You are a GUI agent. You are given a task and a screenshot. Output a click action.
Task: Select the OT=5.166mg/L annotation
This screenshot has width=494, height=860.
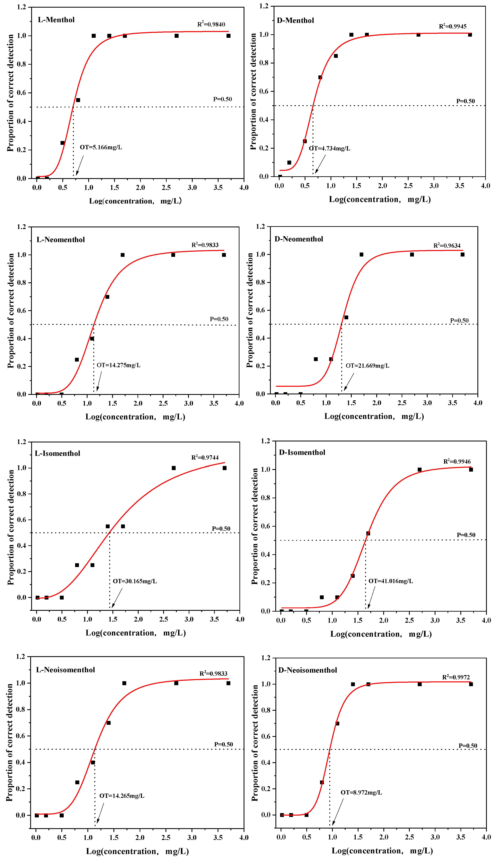(x=101, y=147)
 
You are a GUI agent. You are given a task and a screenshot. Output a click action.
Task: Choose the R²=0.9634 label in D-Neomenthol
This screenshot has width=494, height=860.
(x=447, y=245)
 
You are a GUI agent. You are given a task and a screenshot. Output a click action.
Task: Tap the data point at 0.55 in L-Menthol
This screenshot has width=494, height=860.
(x=78, y=100)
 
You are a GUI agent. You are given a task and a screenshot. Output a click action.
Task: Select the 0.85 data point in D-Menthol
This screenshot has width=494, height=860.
(x=336, y=56)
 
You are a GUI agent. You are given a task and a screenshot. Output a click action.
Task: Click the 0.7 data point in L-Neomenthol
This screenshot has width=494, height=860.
(x=107, y=297)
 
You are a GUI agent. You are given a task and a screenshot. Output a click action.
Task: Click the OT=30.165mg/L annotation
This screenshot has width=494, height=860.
(x=135, y=581)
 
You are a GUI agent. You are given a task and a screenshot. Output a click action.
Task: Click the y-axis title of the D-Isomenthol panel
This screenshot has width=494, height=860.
(x=255, y=526)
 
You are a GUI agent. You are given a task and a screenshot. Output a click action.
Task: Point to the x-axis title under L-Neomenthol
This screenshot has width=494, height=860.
(x=135, y=417)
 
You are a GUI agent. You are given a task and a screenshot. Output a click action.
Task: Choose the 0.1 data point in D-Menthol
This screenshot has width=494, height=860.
(x=289, y=163)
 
